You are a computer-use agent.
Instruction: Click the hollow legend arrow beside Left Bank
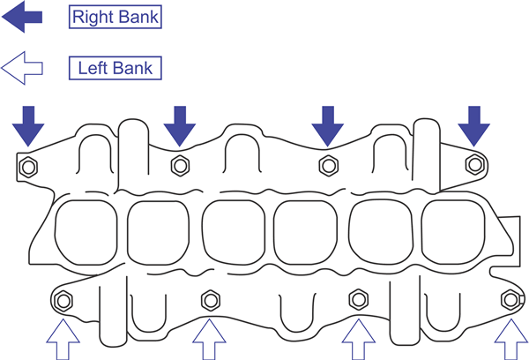click(23, 68)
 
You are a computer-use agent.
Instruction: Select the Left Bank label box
click(115, 68)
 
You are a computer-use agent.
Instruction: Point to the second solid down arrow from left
click(180, 125)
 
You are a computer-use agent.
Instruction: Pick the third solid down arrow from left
click(328, 125)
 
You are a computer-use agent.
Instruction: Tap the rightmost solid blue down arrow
click(474, 125)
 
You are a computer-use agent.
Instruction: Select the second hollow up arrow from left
click(209, 340)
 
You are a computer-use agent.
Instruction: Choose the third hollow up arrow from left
click(357, 340)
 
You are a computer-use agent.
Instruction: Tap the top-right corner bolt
click(475, 163)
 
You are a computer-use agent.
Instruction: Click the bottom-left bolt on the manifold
click(63, 299)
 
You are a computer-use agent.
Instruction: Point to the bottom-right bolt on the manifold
click(509, 299)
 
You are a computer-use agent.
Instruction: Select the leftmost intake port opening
click(82, 233)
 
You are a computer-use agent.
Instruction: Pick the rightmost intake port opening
click(451, 233)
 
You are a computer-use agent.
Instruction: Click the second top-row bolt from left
click(180, 163)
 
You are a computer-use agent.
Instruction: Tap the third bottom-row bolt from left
click(358, 297)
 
